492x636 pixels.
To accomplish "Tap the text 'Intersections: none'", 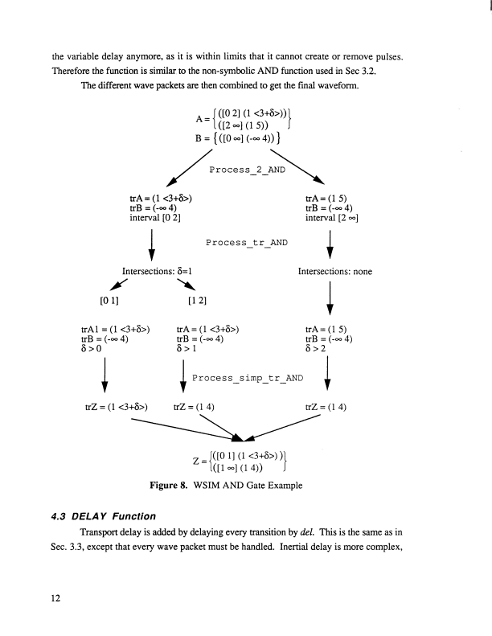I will point(334,272).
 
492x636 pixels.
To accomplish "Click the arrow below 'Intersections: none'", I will point(330,302).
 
